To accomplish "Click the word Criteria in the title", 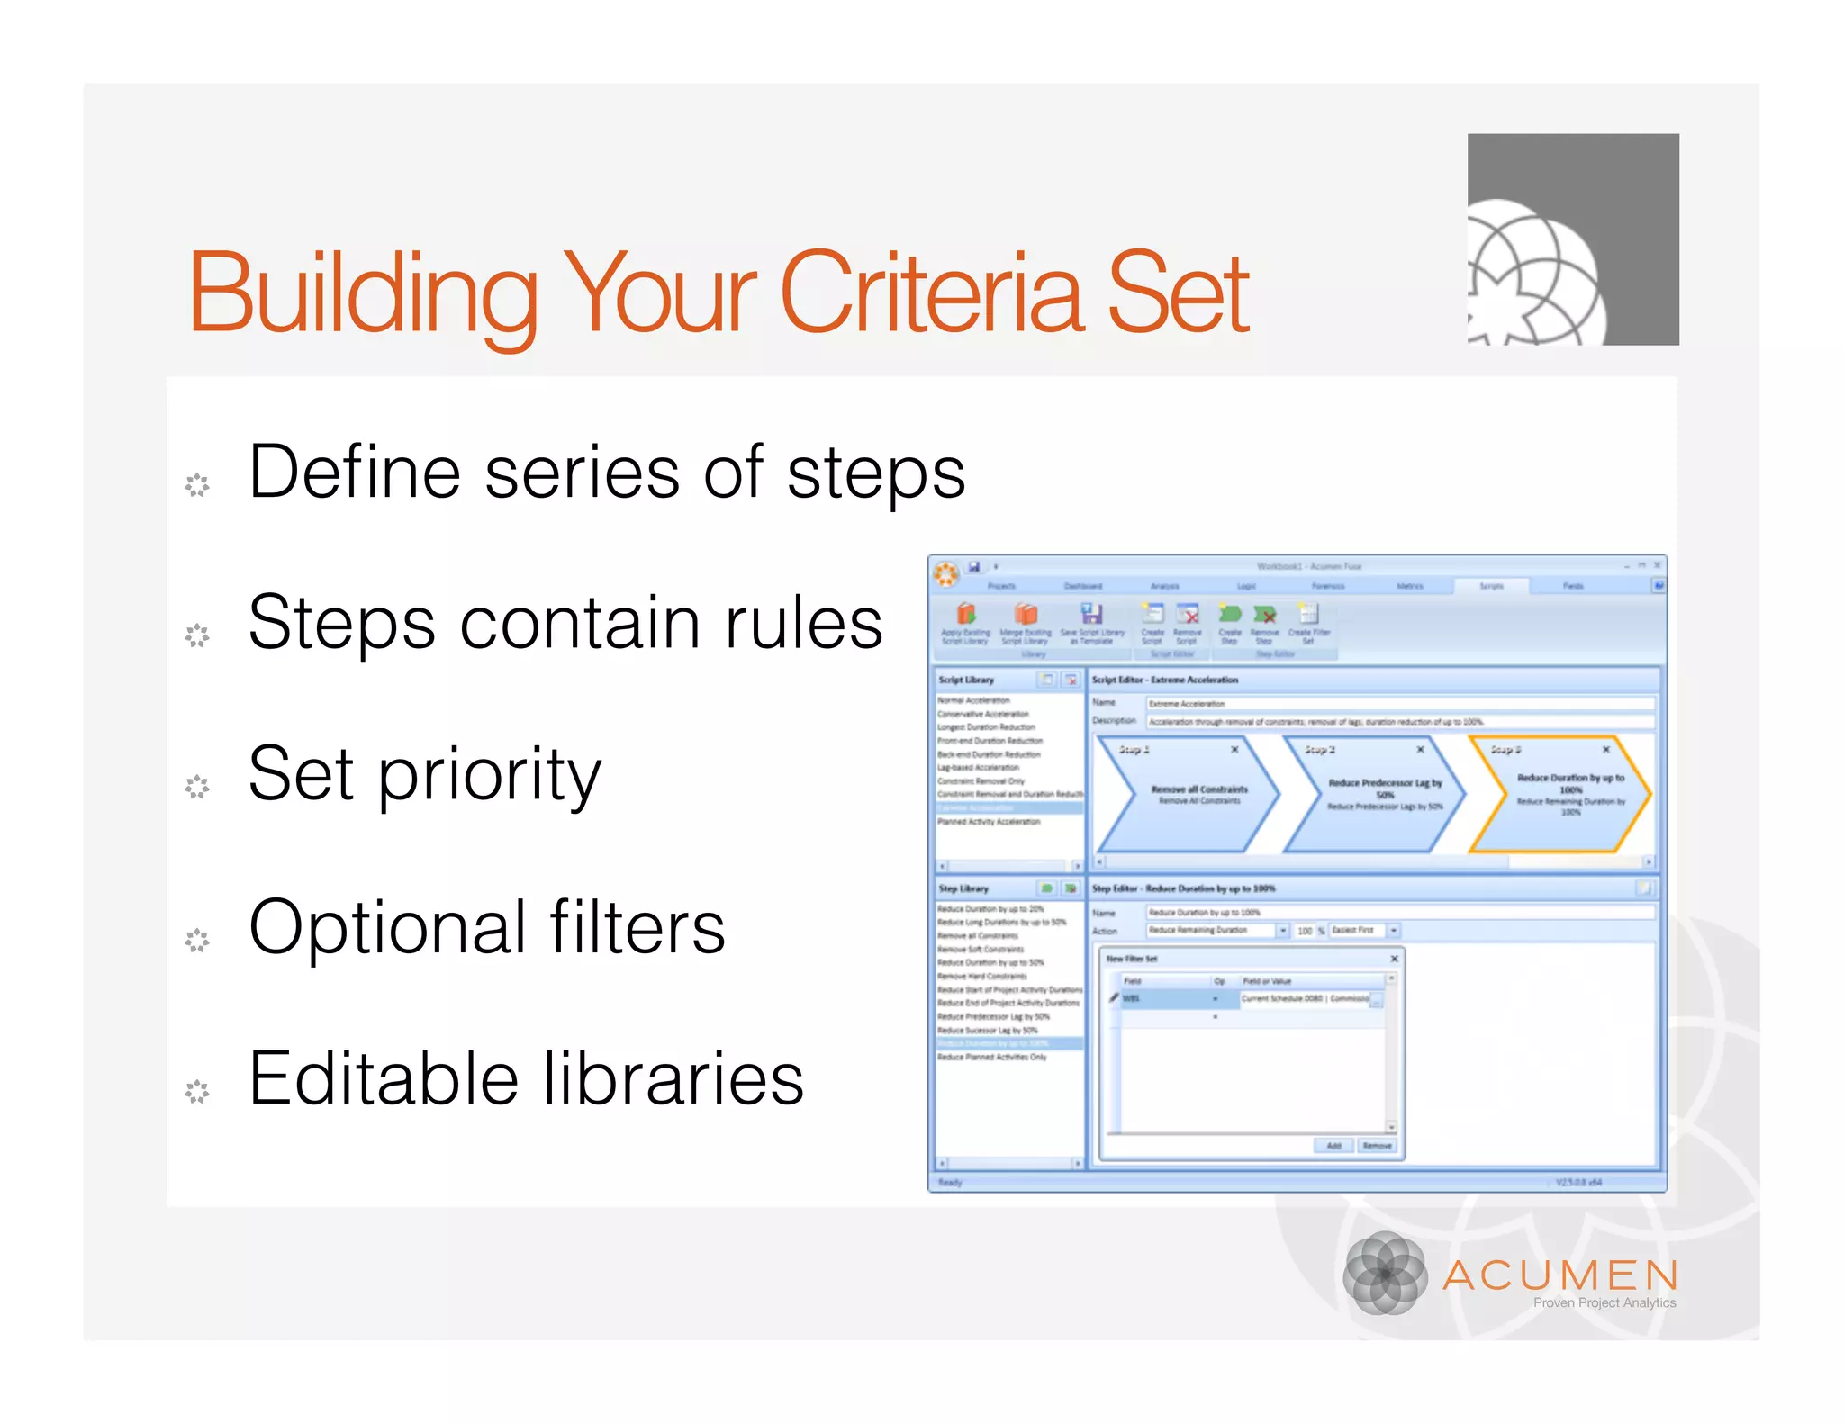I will click(x=932, y=293).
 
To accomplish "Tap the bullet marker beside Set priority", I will click(x=197, y=787).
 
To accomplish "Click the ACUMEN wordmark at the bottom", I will click(x=1560, y=1275).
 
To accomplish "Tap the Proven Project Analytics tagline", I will click(x=1604, y=1302).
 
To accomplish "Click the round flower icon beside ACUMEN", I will click(x=1385, y=1274).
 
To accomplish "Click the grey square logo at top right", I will click(x=1572, y=239).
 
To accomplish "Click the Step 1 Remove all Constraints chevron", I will click(x=1189, y=794).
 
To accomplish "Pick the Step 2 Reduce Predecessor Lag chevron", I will click(x=1375, y=794).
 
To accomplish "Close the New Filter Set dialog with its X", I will click(x=1394, y=959).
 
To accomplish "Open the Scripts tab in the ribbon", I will click(x=1490, y=586).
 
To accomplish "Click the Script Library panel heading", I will click(x=966, y=680).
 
